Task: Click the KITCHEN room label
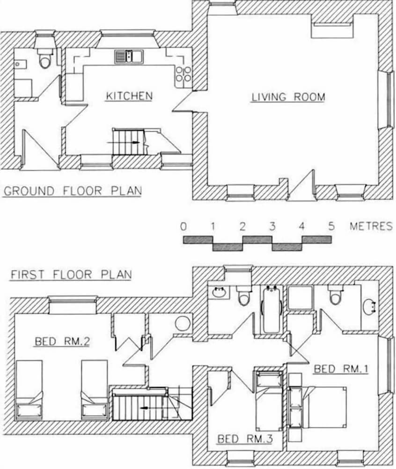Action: (x=129, y=96)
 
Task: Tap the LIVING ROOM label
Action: (x=288, y=97)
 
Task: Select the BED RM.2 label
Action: (x=62, y=341)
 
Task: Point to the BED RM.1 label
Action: (x=341, y=369)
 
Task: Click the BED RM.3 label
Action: (x=245, y=439)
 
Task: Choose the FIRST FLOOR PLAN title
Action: (x=71, y=274)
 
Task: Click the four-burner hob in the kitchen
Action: (x=183, y=75)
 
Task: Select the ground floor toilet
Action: (x=45, y=60)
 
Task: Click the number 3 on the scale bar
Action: (x=272, y=227)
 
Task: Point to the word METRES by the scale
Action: (x=371, y=227)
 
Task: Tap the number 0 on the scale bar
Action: (x=183, y=227)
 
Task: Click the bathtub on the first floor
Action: (x=271, y=309)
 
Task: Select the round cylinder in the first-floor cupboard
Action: (x=183, y=324)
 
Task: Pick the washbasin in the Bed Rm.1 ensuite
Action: (x=369, y=306)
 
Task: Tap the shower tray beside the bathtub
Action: (x=300, y=297)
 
